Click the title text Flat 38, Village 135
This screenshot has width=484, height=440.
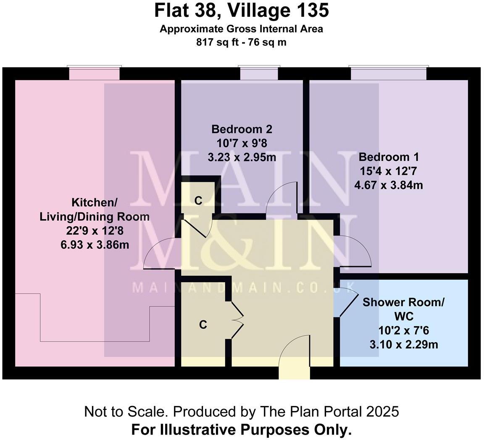(241, 10)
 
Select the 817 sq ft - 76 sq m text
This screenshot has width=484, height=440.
(241, 42)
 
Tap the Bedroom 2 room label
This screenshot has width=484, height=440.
(239, 129)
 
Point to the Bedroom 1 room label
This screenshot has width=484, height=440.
(389, 157)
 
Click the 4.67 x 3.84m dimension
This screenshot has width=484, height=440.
(389, 185)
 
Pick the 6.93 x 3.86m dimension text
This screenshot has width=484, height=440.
(95, 244)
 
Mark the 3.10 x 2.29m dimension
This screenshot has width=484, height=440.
(403, 345)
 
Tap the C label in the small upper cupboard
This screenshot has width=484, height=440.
(198, 201)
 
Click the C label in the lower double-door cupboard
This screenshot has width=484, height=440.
(203, 325)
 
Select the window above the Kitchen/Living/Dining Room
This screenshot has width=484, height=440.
(95, 73)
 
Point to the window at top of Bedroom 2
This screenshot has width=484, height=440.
(259, 73)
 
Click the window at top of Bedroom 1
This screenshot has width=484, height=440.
(389, 73)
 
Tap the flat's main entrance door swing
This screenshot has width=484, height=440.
(294, 355)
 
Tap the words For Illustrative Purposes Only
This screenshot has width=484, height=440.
(241, 430)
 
